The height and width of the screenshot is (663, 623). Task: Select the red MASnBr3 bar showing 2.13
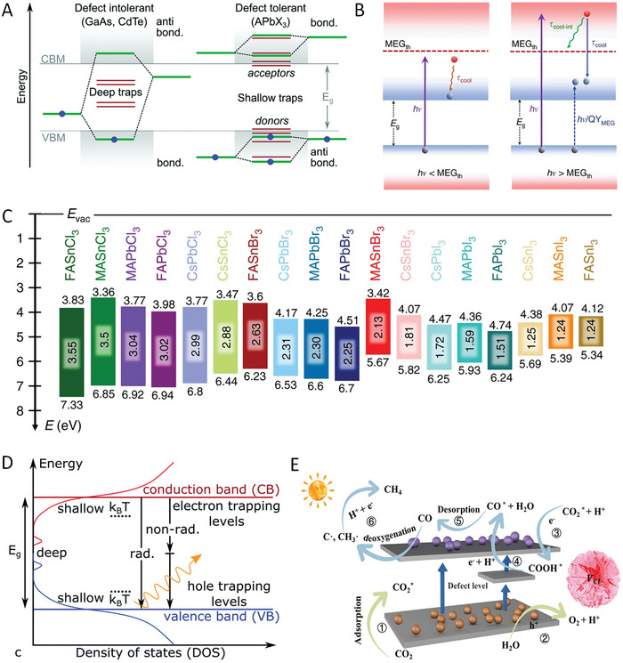coord(381,333)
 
